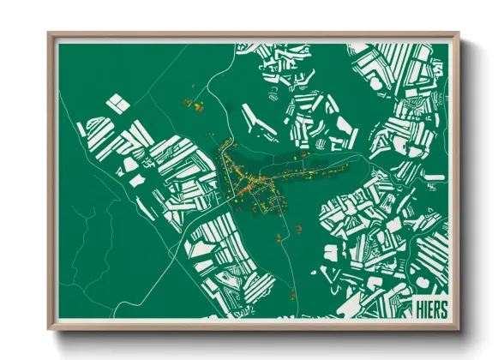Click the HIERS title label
430,308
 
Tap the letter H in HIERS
417,308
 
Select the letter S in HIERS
443,308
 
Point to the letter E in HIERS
429,308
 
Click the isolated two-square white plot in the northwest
118,104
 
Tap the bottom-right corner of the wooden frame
456,327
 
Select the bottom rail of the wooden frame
253,326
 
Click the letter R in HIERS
436,308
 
